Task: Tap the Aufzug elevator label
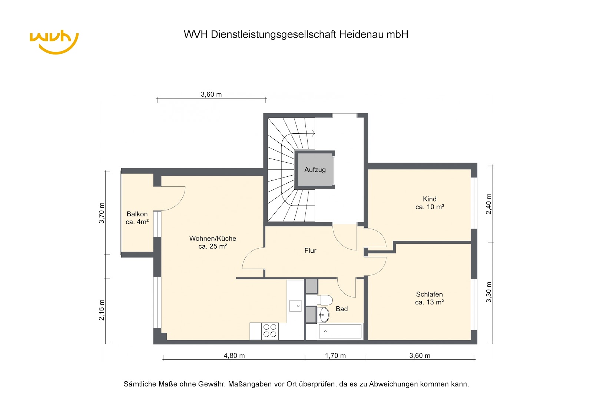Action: [x=315, y=170]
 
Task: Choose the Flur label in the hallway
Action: [x=310, y=250]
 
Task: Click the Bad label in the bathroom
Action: [x=341, y=309]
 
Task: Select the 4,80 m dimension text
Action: [x=234, y=356]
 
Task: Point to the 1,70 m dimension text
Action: [x=335, y=356]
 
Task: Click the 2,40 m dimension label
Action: [x=489, y=204]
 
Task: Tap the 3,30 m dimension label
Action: [x=489, y=292]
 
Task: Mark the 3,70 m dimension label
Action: [x=102, y=213]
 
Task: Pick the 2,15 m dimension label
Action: [x=102, y=310]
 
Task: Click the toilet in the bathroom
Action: [x=324, y=300]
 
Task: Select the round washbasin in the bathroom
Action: [x=323, y=315]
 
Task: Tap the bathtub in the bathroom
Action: [x=340, y=331]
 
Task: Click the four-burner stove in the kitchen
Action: [x=270, y=330]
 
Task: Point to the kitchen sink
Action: [x=295, y=306]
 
